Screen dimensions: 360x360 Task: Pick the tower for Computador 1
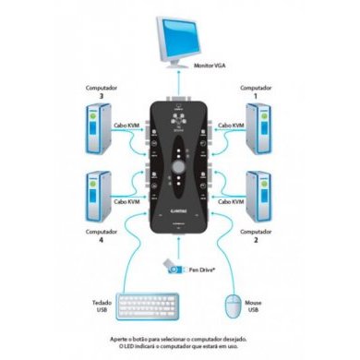coord(261,131)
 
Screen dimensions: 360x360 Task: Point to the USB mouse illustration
coord(233,304)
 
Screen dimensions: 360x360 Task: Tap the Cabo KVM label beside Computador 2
coord(231,199)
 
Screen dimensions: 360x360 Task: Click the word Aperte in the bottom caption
coord(117,340)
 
